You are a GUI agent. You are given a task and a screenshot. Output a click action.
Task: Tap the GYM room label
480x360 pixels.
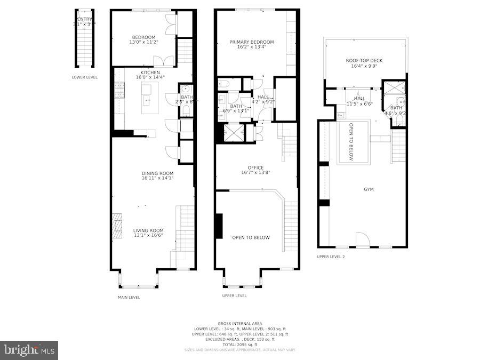pos(369,189)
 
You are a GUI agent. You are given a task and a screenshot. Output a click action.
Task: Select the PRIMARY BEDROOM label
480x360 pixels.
pos(251,42)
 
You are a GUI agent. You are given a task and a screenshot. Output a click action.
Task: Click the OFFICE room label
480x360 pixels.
pos(255,168)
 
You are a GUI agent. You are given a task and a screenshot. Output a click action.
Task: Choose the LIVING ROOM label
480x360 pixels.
pos(148,231)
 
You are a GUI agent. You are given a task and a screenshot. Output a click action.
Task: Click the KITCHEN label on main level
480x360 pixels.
pos(150,73)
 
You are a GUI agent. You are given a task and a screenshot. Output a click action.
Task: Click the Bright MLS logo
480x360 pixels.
pos(29,350)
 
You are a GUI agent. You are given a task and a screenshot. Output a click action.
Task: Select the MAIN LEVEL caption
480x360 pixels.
pos(129,298)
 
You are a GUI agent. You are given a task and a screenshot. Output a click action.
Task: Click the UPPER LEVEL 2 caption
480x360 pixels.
pos(331,257)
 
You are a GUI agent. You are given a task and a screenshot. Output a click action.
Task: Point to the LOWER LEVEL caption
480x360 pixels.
pos(84,77)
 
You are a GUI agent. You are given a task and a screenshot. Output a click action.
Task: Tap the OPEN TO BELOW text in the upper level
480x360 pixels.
pos(251,238)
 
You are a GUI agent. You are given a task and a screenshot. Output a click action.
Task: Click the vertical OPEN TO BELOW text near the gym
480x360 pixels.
pos(351,142)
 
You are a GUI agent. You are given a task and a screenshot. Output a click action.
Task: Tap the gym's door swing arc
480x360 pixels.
pos(362,239)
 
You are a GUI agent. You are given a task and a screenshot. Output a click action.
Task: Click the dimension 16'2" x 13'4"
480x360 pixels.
pos(251,47)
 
